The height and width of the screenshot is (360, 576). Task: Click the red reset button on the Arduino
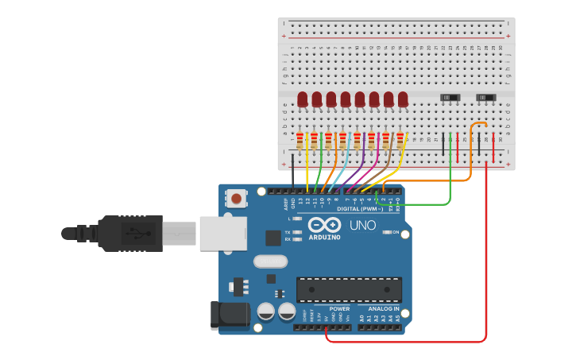click(236, 197)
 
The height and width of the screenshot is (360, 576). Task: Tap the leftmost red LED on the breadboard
click(303, 99)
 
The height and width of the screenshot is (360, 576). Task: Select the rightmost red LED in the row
click(403, 99)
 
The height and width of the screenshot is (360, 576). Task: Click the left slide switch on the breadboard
click(450, 98)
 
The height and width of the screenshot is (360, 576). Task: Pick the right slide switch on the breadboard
click(485, 98)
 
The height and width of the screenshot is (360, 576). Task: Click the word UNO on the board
click(363, 226)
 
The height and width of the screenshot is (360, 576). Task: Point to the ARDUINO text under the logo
click(324, 237)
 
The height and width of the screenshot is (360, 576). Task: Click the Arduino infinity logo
click(324, 225)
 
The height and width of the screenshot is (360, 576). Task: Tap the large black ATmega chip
click(349, 289)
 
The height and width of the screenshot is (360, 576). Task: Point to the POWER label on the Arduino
click(339, 308)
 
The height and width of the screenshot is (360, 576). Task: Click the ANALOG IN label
click(383, 308)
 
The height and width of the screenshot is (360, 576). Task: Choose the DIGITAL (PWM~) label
click(359, 209)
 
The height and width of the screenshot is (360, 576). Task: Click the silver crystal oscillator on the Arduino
click(270, 261)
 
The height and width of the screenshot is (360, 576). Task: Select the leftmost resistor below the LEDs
click(300, 141)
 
